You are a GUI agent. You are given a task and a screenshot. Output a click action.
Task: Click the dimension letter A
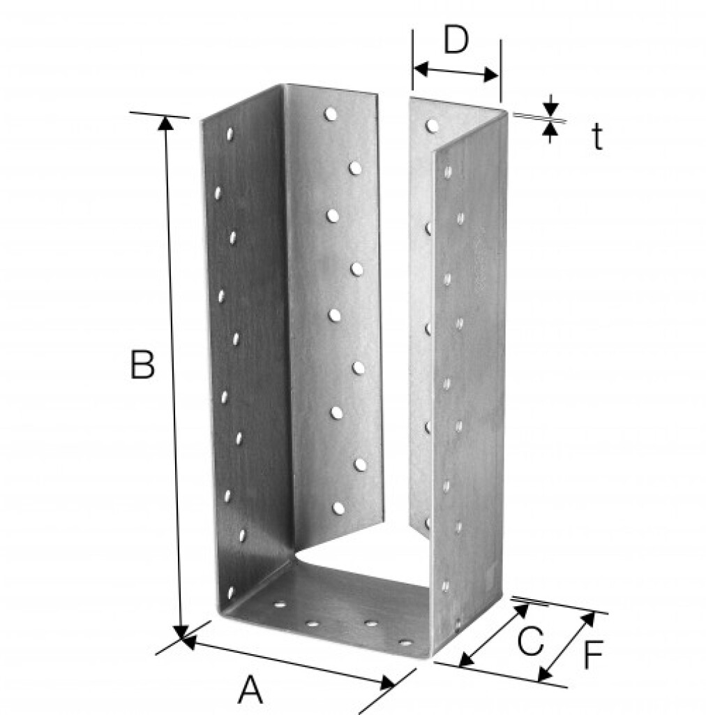[x=250, y=690]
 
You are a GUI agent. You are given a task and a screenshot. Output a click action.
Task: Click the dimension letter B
[x=142, y=364]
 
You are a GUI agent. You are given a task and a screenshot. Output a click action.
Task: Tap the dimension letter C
[x=530, y=641]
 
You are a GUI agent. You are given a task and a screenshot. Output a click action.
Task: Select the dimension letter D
[x=456, y=40]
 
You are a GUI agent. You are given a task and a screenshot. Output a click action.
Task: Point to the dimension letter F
[x=594, y=655]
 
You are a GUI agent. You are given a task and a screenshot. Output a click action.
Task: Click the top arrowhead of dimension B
[x=166, y=123]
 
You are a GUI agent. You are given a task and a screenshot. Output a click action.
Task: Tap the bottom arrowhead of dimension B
[x=181, y=632]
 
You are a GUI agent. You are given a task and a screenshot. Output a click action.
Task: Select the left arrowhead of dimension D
[x=421, y=69]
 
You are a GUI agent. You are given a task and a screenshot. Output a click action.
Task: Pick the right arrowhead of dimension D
[x=491, y=75]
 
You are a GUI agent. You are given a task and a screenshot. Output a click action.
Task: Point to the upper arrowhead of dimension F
[x=589, y=619]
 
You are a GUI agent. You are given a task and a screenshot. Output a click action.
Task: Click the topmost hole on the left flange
[x=230, y=133]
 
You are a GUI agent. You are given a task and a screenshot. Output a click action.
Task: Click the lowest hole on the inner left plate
[x=338, y=508]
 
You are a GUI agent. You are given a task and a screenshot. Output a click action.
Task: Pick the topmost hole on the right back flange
[x=432, y=126]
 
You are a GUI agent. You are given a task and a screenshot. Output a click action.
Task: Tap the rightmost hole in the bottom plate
[x=405, y=643]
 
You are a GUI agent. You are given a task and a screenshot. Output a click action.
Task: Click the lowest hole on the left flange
[x=230, y=592]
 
